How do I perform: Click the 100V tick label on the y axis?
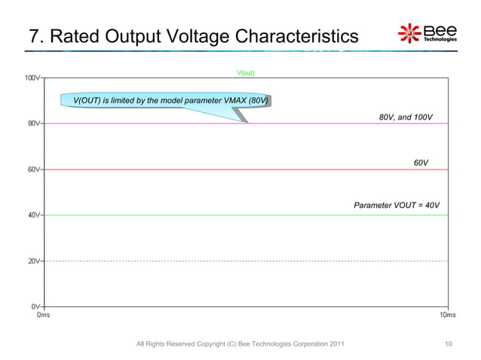point(32,78)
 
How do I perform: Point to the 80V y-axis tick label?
point(34,124)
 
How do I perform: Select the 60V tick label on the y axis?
point(34,169)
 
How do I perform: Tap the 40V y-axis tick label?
point(34,215)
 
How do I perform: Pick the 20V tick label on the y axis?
point(34,261)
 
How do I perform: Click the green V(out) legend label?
point(246,73)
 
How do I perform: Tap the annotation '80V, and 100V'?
point(405,117)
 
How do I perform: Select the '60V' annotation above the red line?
point(421,163)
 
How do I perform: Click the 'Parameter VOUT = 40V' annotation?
point(397,206)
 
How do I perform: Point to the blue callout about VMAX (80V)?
point(171,100)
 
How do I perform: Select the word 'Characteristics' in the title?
point(299,36)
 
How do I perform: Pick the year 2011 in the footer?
point(338,344)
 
